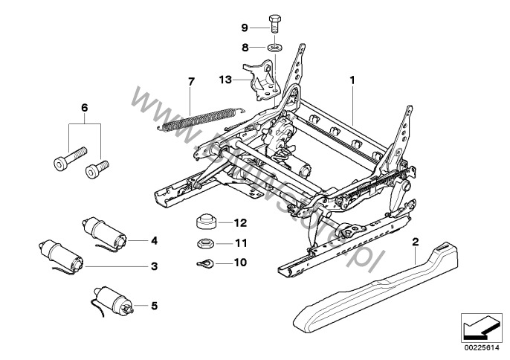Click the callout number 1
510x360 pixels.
(353, 78)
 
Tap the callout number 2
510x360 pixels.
(416, 241)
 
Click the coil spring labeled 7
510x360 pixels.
(197, 119)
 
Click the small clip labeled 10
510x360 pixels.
(204, 262)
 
